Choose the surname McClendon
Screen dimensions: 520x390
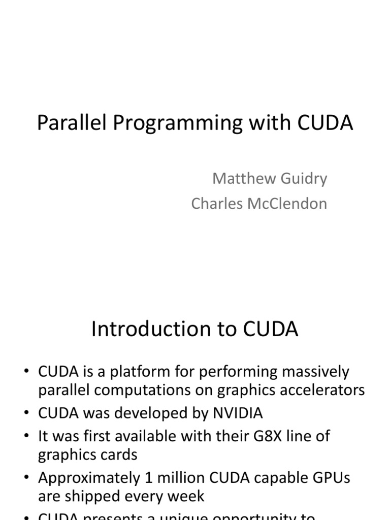coord(288,204)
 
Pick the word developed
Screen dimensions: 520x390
coord(144,413)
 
